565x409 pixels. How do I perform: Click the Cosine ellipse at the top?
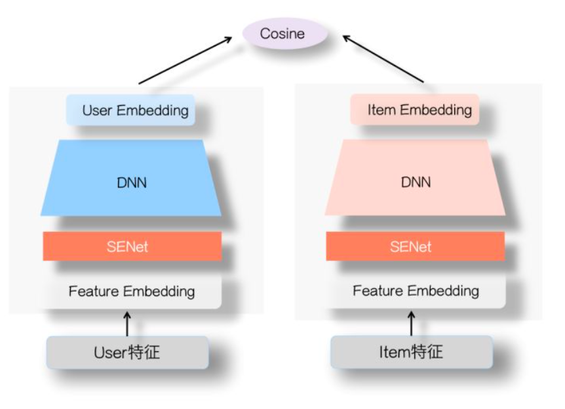click(x=282, y=33)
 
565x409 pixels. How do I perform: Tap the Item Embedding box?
click(x=415, y=110)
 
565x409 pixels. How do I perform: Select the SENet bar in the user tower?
click(x=132, y=246)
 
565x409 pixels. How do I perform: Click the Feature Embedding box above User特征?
click(x=132, y=291)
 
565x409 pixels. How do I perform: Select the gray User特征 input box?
click(x=127, y=353)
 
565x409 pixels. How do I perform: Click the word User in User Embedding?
click(x=97, y=110)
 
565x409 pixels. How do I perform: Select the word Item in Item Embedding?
click(x=381, y=110)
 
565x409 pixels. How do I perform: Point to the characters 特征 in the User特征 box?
click(x=144, y=353)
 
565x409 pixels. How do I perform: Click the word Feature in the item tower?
click(x=376, y=291)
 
